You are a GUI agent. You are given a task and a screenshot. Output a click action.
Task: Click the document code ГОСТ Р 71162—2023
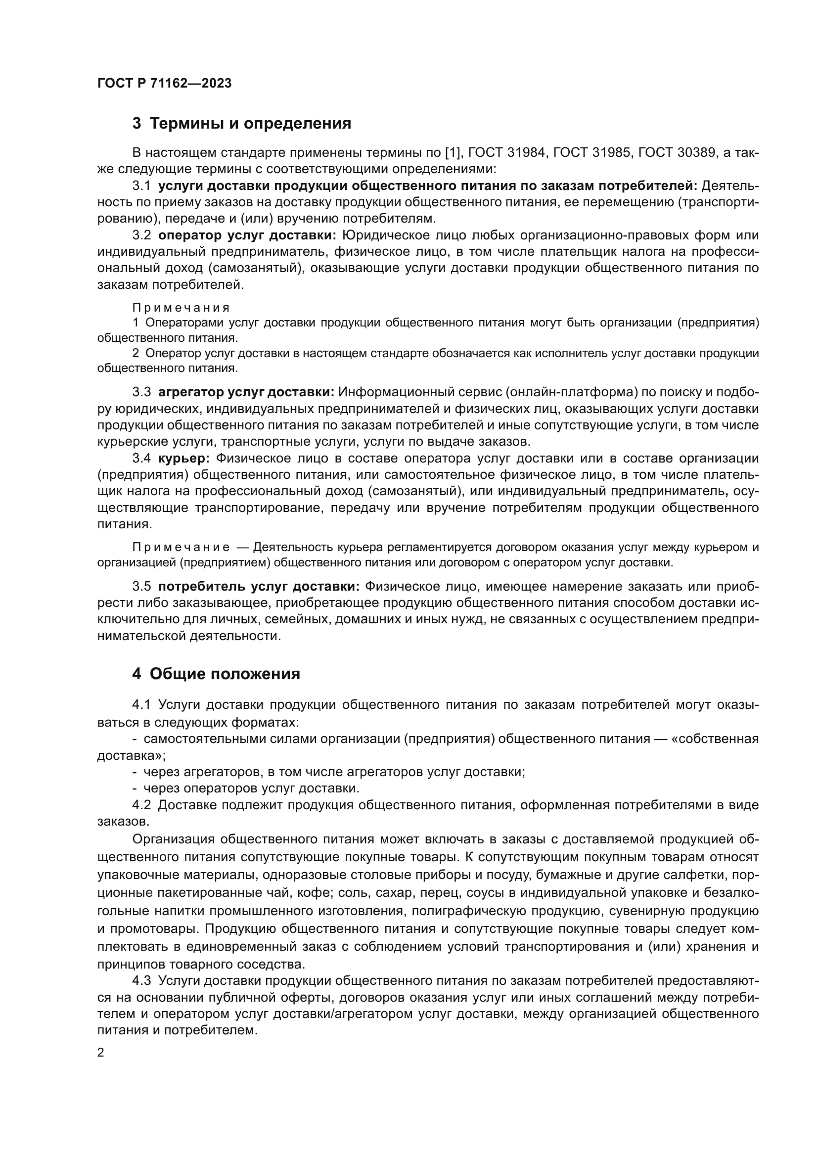click(164, 84)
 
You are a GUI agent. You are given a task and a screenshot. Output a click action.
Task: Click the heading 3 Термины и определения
click(242, 124)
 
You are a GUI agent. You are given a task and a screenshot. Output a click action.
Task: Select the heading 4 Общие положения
click(216, 674)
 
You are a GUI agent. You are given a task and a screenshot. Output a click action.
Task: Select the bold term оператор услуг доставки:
click(247, 235)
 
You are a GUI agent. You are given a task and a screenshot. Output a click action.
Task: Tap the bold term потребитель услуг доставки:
click(258, 587)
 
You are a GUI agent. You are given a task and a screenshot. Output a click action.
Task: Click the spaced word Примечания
click(182, 308)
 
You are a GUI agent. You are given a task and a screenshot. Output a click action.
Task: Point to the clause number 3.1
click(141, 186)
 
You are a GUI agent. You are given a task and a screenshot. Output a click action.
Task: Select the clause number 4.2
click(141, 805)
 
